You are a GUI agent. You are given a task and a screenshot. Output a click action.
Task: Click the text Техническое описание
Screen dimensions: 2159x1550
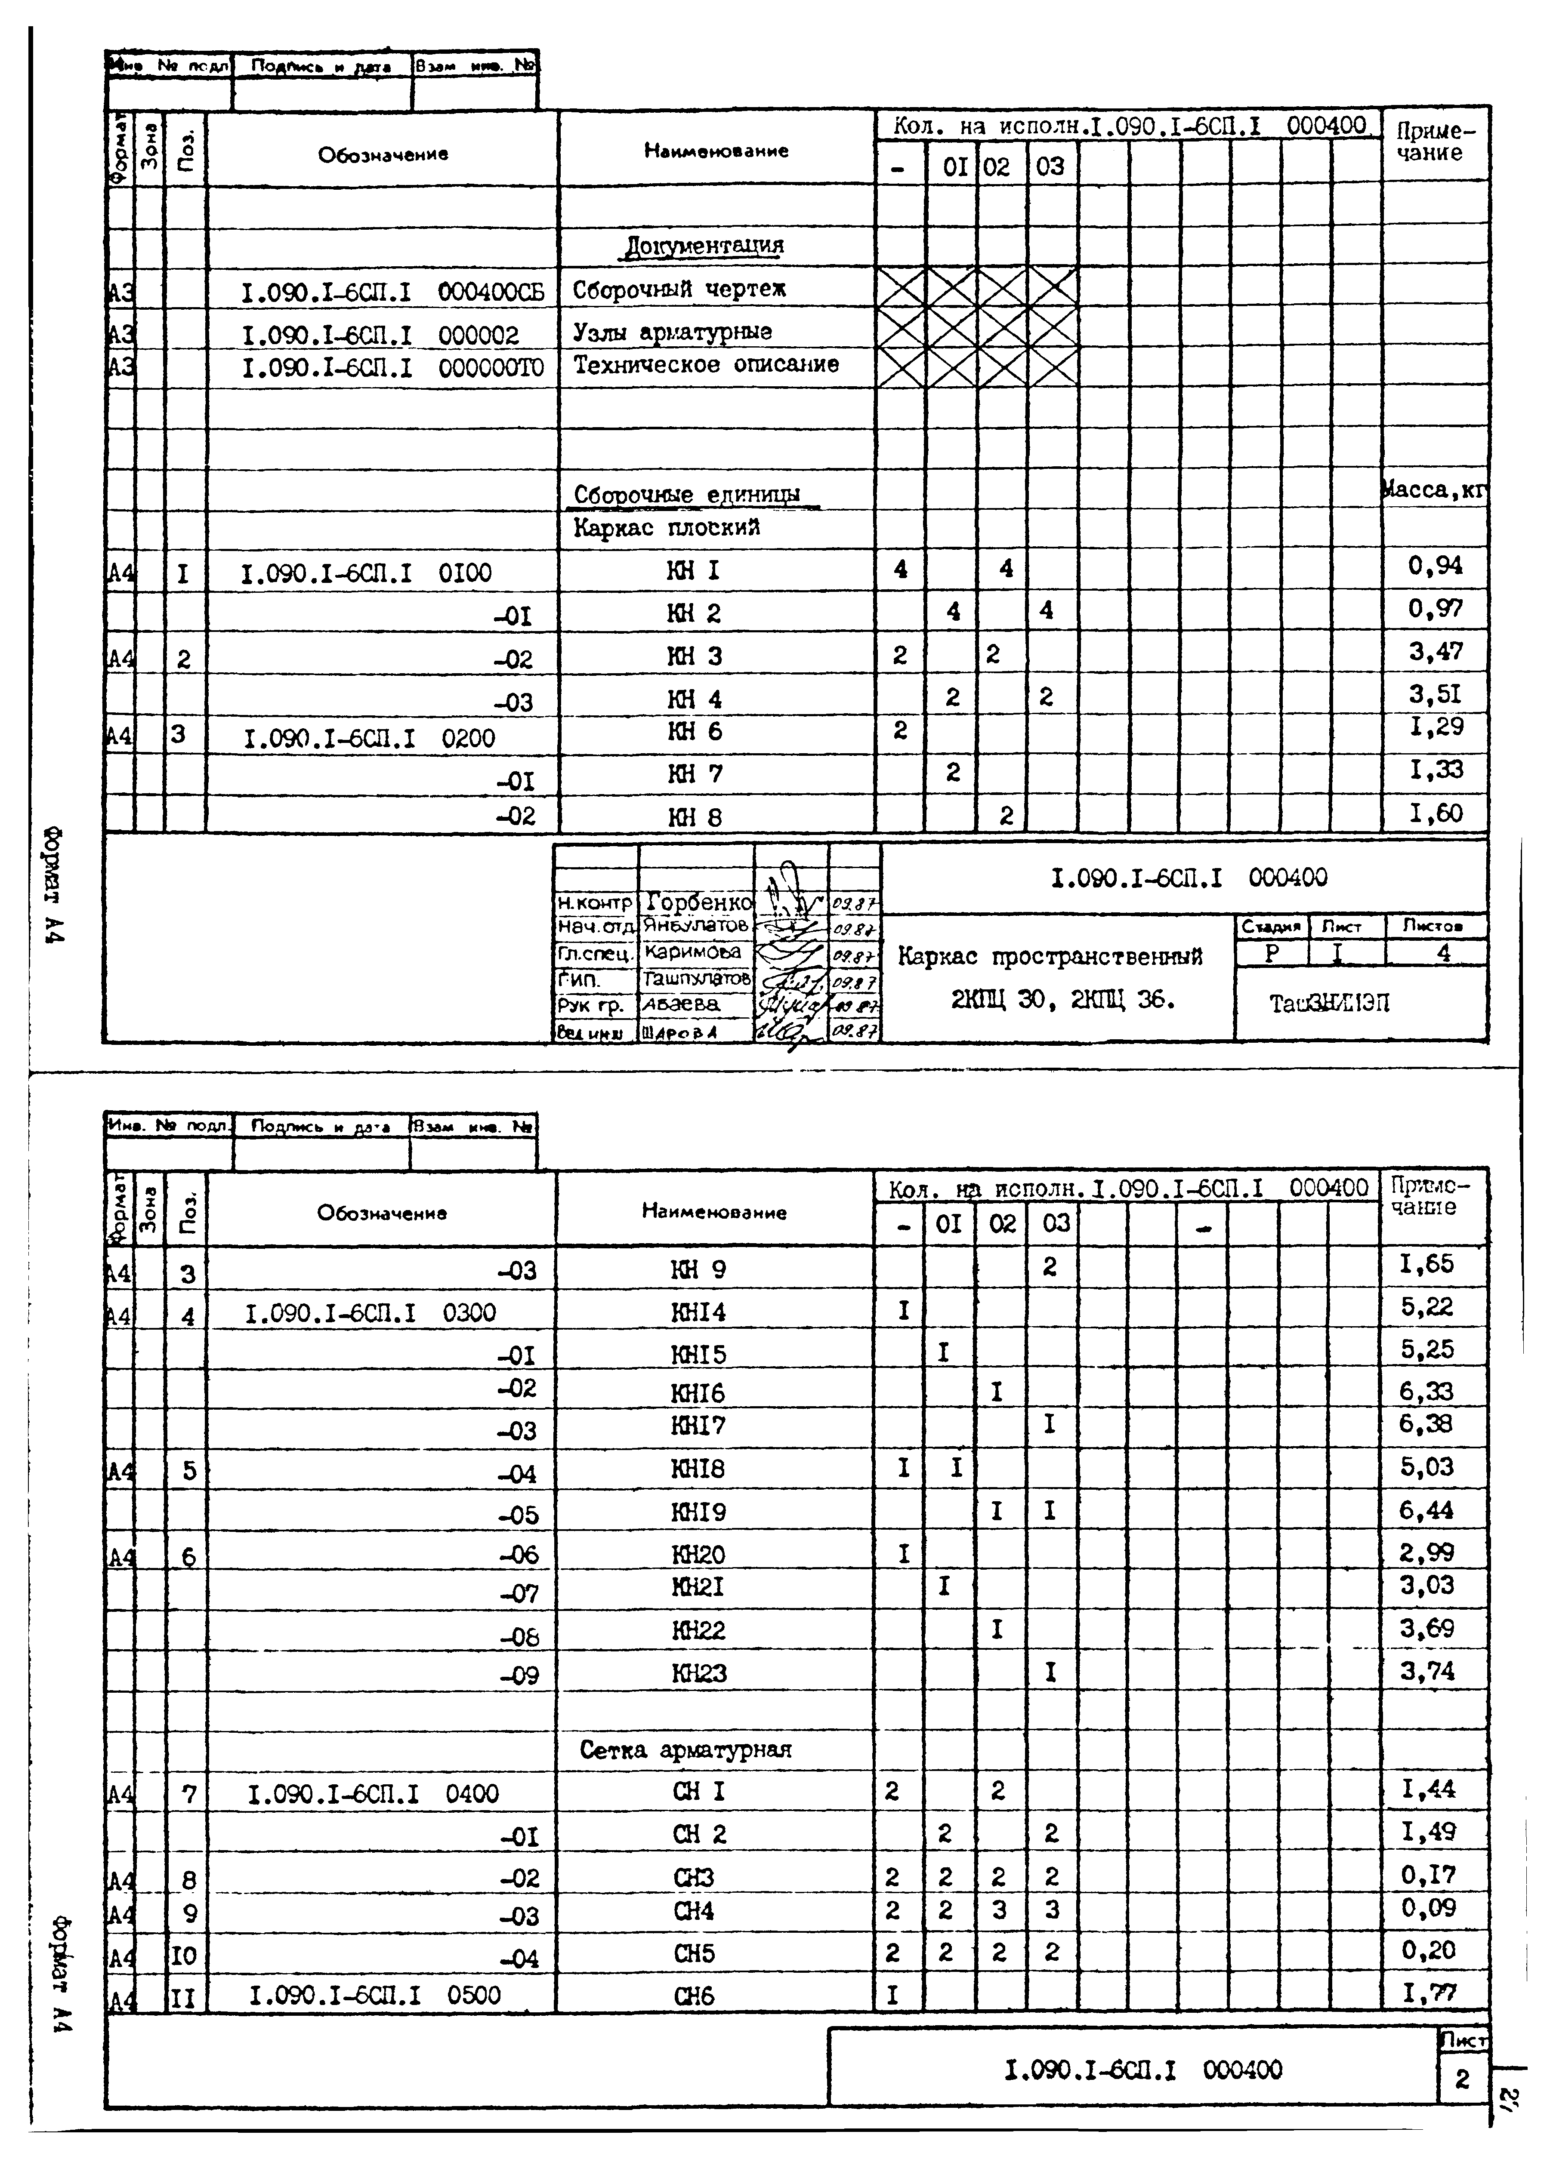[x=705, y=365]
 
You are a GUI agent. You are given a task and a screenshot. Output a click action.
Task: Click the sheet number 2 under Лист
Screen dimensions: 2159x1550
[x=1462, y=2080]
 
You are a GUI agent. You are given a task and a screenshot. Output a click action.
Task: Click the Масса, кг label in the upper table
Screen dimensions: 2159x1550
[x=1434, y=490]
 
